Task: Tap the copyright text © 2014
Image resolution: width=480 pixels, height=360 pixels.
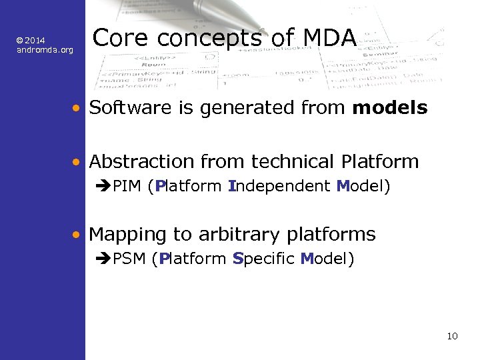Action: [31, 41]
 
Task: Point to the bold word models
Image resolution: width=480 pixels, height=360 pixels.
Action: [390, 107]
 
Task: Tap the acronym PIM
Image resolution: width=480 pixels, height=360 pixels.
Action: [127, 186]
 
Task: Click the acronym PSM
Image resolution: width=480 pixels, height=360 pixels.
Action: [129, 259]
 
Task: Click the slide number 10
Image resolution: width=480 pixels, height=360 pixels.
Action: [452, 336]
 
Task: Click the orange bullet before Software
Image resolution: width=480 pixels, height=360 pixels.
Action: [78, 108]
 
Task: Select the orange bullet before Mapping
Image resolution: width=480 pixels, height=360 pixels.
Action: [78, 235]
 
